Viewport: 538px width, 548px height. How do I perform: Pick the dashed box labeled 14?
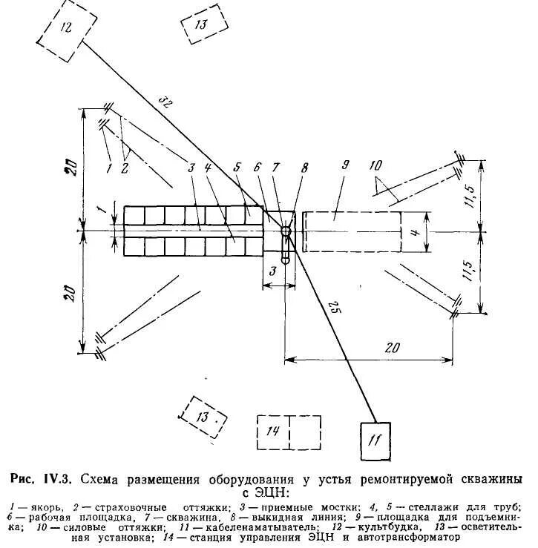pyautogui.click(x=289, y=431)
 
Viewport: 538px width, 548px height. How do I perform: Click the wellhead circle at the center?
pyautogui.click(x=286, y=231)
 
